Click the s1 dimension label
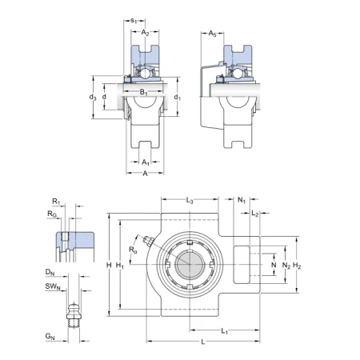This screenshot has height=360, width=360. point(134,21)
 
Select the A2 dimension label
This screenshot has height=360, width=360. point(145,33)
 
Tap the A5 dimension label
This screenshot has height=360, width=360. point(212,34)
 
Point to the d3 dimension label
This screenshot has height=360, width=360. point(93,98)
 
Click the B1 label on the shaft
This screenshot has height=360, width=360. point(144,92)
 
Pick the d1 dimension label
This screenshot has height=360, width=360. point(178,98)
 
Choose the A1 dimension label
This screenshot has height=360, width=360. point(146,162)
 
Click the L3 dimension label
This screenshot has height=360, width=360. point(190,200)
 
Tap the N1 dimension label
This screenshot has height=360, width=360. point(242,200)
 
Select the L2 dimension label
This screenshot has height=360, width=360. point(255,213)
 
